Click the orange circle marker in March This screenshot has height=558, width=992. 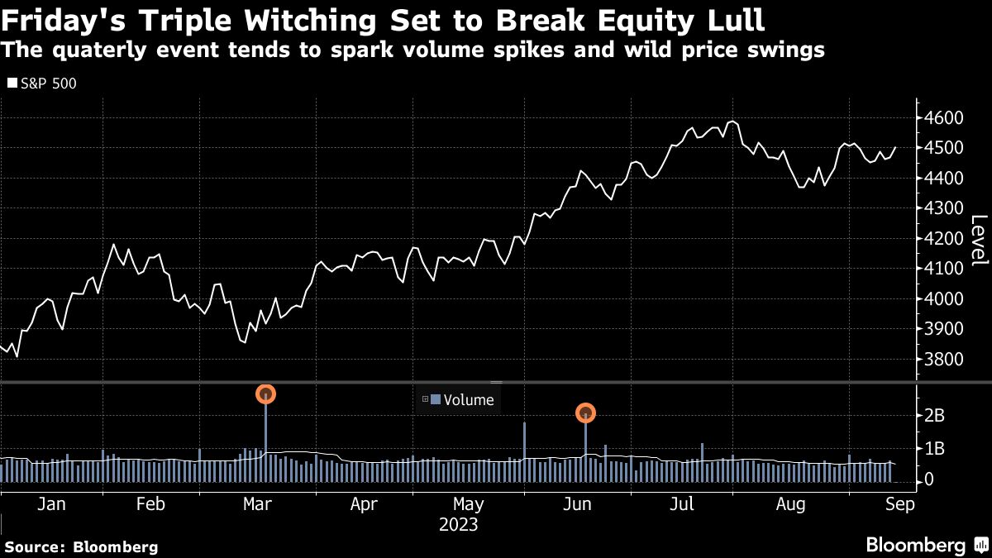(265, 394)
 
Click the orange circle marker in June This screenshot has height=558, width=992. (585, 413)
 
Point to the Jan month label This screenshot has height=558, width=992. (52, 504)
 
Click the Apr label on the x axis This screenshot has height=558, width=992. (364, 504)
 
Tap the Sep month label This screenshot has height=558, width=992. (900, 504)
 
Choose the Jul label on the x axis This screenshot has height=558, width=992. (682, 504)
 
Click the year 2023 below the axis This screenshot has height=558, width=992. (458, 524)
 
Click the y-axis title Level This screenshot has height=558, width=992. (979, 241)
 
